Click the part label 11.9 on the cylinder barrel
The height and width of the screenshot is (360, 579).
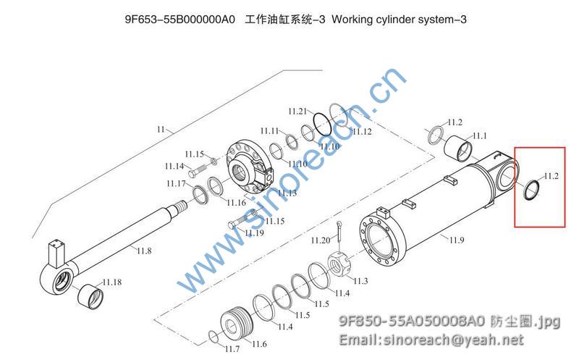[456, 240]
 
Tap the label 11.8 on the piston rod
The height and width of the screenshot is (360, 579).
[144, 251]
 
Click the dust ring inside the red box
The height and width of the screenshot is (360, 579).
[531, 189]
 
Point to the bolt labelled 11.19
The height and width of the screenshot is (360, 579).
[239, 222]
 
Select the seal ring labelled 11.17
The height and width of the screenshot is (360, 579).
[201, 193]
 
